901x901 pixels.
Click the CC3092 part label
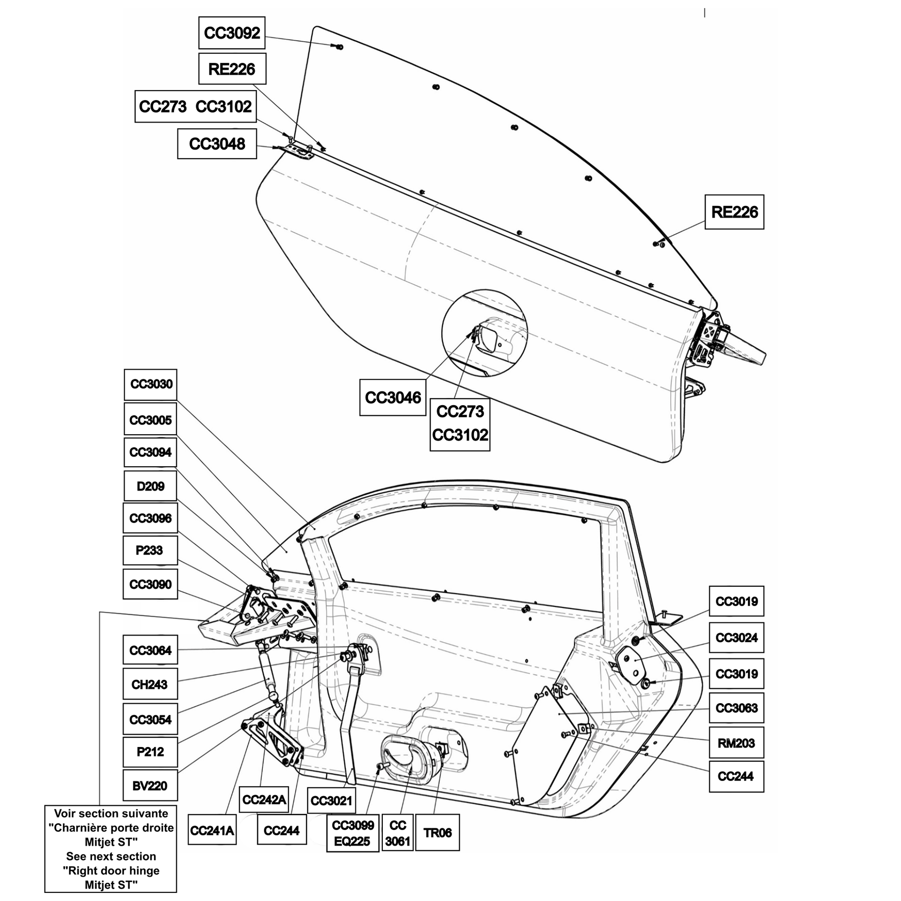point(232,33)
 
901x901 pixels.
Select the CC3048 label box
point(217,144)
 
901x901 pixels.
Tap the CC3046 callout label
point(393,397)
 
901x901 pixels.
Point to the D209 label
point(151,486)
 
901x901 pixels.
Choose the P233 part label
point(150,550)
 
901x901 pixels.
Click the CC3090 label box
point(150,584)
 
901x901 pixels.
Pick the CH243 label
point(150,684)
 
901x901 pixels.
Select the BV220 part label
point(150,786)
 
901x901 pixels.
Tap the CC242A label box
point(264,800)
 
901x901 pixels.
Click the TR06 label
point(437,832)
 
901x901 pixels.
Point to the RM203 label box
point(736,743)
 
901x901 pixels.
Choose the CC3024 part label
point(736,638)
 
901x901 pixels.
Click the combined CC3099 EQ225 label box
point(352,833)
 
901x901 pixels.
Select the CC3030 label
point(151,384)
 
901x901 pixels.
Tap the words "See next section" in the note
point(111,856)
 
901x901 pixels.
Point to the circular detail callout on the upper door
point(485,333)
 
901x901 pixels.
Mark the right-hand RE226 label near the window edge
point(734,212)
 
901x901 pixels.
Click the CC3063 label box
point(736,708)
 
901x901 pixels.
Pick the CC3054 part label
point(150,719)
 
